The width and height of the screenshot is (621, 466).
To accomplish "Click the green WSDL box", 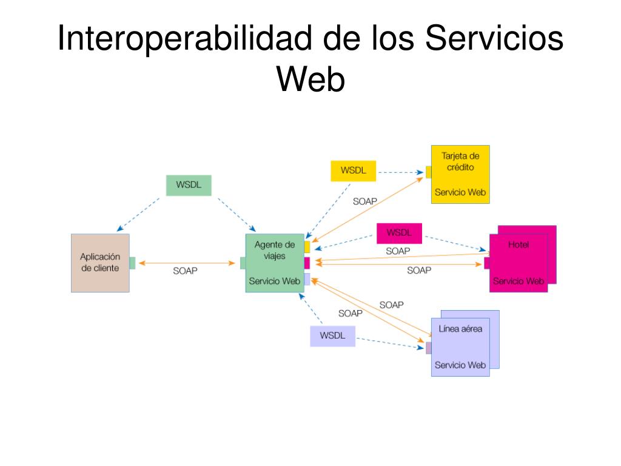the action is [x=189, y=185].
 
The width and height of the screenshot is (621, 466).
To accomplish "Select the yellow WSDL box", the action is [x=354, y=171].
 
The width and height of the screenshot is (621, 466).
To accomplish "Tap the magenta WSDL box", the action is [x=399, y=233].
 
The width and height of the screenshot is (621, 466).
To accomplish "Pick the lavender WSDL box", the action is [x=333, y=336].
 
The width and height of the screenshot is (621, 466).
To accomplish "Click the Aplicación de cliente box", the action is [x=100, y=263].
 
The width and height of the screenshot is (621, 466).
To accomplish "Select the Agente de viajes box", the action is [x=275, y=263].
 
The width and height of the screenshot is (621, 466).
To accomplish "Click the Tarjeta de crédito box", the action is [x=460, y=174].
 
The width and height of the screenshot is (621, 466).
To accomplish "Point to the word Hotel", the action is [x=519, y=245].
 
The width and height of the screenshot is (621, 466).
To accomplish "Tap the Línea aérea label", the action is [x=460, y=328].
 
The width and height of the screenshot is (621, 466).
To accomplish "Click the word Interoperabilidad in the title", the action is [x=184, y=38].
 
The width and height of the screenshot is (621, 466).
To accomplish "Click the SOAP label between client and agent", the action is [x=185, y=271].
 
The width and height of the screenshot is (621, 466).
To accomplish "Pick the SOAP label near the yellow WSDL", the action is [x=364, y=201].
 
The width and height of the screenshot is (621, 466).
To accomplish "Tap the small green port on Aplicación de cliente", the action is [x=132, y=263].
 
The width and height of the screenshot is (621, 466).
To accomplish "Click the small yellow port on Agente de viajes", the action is [x=307, y=247].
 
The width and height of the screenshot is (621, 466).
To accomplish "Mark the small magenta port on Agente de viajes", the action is [x=307, y=263].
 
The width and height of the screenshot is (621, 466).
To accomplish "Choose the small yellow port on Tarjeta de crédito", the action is [x=429, y=172].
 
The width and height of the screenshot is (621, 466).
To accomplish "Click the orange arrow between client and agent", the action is [x=187, y=263].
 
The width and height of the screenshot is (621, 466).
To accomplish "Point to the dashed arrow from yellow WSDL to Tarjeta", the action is [x=401, y=172].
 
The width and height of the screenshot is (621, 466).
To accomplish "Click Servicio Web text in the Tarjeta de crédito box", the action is [x=460, y=192].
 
